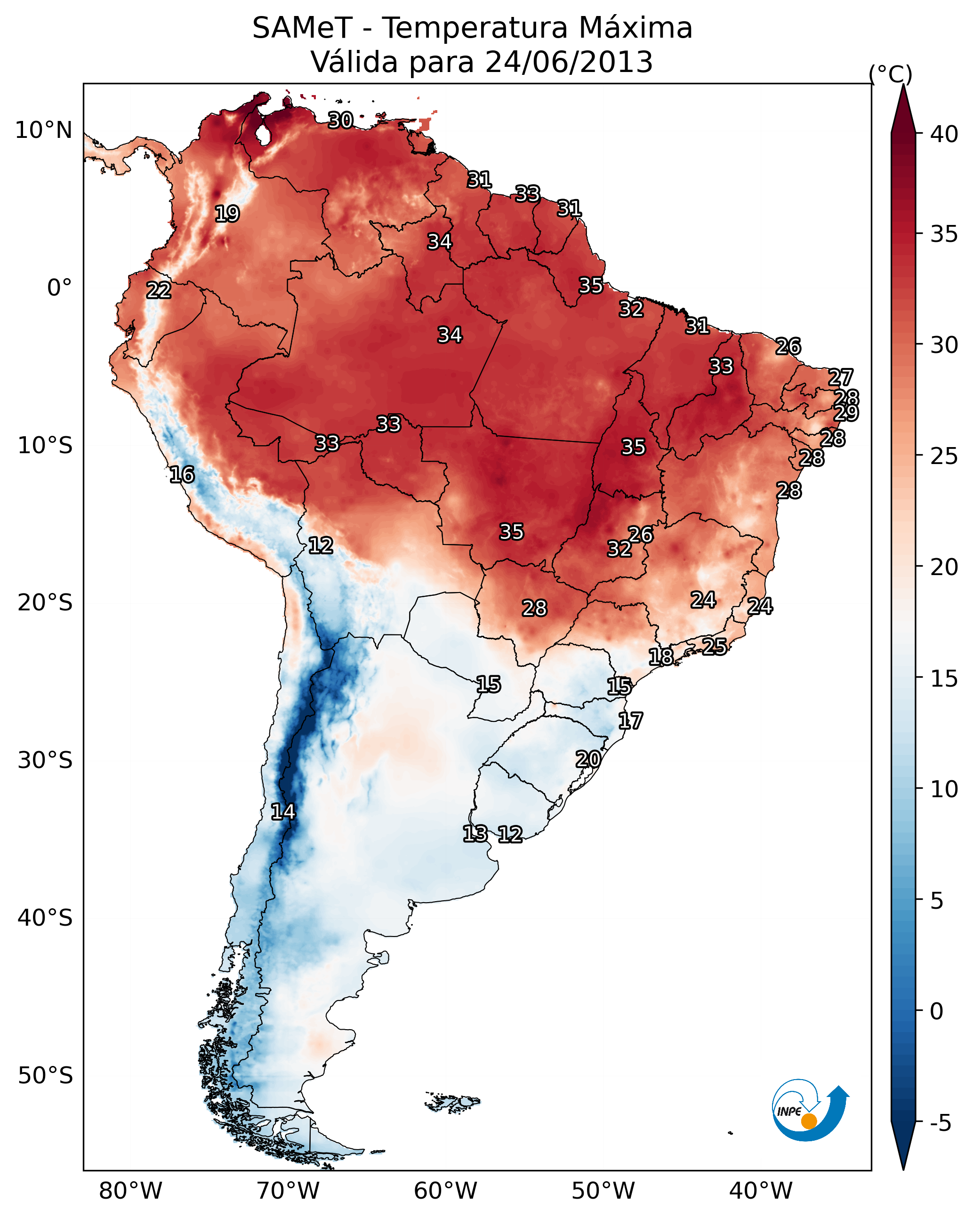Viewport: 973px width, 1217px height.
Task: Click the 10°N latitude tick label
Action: [x=43, y=130]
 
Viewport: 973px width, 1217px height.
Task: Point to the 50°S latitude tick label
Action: [x=45, y=1076]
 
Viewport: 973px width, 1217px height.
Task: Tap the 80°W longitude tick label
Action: [x=130, y=1191]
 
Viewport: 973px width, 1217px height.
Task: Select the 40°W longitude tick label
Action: [x=761, y=1191]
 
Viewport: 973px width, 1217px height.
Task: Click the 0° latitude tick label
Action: [x=59, y=288]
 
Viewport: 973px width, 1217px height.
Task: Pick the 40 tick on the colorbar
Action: [x=944, y=134]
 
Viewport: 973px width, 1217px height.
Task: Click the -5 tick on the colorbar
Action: [x=940, y=1123]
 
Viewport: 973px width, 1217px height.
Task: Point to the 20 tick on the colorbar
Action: [x=944, y=567]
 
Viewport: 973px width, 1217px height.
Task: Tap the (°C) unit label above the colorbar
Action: [x=890, y=74]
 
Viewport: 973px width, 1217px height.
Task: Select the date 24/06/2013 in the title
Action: [x=569, y=62]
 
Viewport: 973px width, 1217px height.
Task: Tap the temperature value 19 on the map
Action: [x=227, y=214]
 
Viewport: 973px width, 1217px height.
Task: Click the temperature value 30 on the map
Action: [x=340, y=120]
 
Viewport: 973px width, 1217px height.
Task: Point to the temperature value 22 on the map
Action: [x=159, y=291]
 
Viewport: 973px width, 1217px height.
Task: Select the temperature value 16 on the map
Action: [x=182, y=475]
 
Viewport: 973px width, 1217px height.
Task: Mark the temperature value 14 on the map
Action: [x=283, y=812]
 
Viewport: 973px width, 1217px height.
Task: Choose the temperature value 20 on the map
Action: [x=588, y=759]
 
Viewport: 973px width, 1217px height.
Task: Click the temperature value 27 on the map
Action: [x=840, y=377]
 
